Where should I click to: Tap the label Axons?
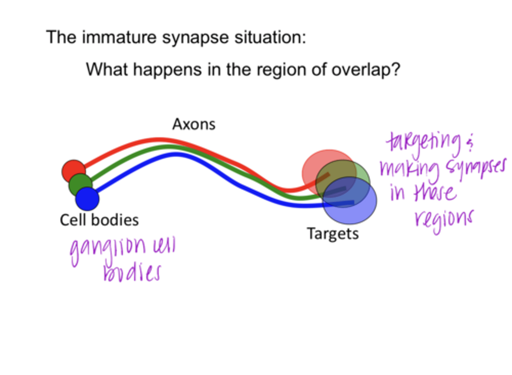pyautogui.click(x=194, y=125)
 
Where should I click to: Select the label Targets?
pyautogui.click(x=333, y=234)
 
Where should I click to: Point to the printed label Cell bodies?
pyautogui.click(x=99, y=220)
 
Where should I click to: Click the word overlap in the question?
pyautogui.click(x=366, y=69)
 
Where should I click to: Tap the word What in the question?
pyautogui.click(x=107, y=69)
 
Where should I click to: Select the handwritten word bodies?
pyautogui.click(x=132, y=273)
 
